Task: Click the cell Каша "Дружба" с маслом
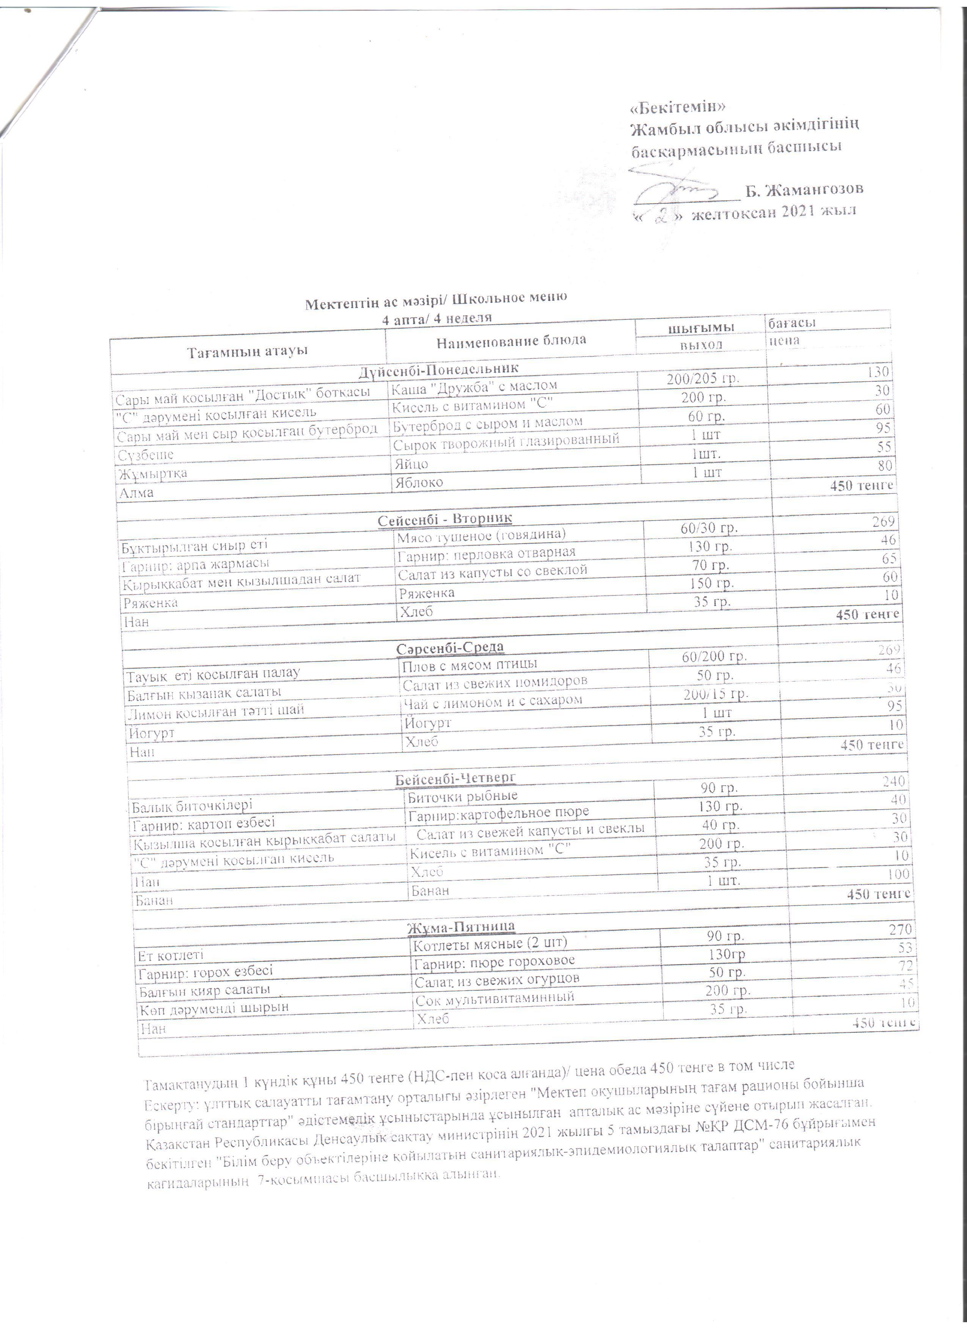pos(474,386)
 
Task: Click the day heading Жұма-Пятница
pos(461,926)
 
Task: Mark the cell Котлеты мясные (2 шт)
pos(490,943)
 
